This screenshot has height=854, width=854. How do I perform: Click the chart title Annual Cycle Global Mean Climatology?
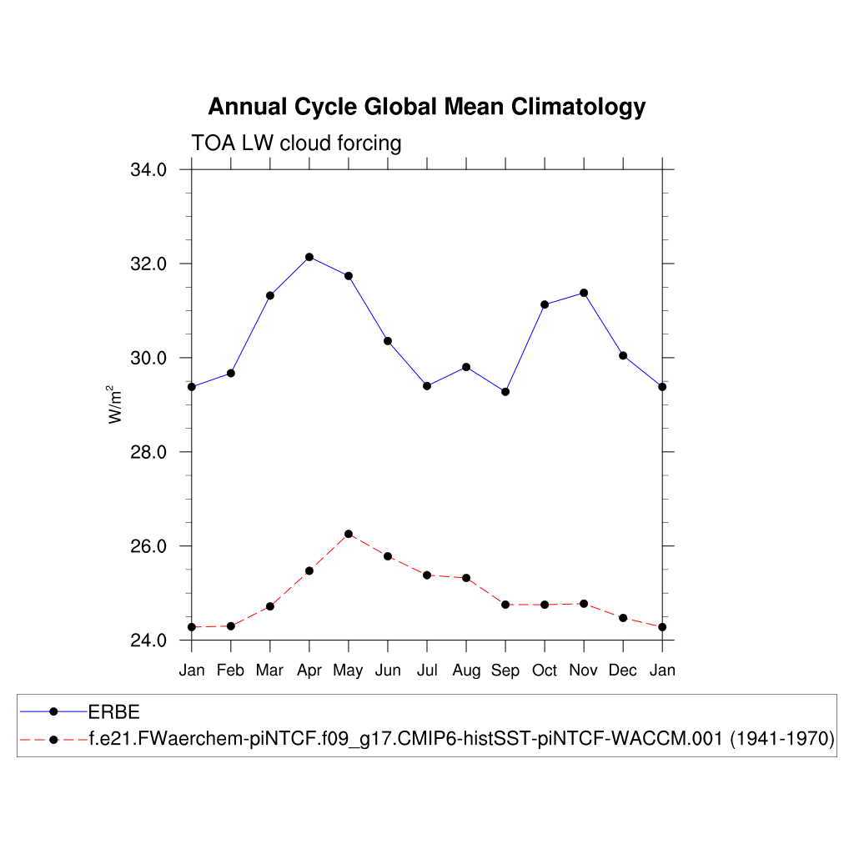pos(426,108)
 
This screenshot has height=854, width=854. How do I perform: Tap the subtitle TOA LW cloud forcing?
pos(296,143)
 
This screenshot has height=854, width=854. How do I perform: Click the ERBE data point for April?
pos(309,257)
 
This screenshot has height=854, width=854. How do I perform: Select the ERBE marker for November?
pos(584,293)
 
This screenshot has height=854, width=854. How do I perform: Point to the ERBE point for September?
pos(505,392)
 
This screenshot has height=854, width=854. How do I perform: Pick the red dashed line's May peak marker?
pos(349,534)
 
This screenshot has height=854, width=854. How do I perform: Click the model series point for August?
pos(466,578)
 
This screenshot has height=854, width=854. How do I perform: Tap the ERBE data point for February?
pos(231,373)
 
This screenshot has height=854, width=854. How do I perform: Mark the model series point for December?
pos(623,618)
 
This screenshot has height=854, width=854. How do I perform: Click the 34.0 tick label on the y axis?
pos(148,170)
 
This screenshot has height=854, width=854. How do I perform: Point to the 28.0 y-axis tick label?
pos(148,452)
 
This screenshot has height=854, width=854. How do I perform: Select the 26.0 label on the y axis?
pos(148,546)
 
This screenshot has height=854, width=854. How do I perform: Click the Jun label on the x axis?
pos(388,671)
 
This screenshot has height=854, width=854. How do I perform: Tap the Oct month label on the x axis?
pos(545,671)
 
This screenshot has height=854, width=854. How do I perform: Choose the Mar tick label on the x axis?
pos(270,671)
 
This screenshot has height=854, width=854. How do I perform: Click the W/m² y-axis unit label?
pos(116,404)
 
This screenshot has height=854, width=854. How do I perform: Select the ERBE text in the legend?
pos(113,711)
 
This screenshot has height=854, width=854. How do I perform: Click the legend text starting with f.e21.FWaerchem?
pos(461,739)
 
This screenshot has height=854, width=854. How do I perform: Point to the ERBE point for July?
pos(427,385)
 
